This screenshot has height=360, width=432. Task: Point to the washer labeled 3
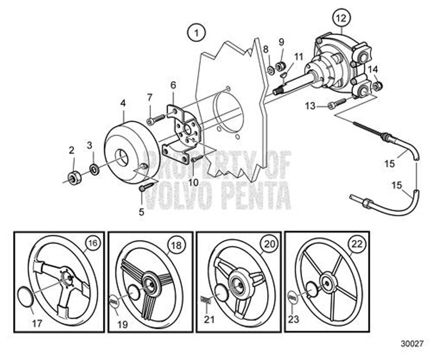pyautogui.click(x=93, y=169)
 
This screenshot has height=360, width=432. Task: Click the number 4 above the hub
pyautogui.click(x=123, y=104)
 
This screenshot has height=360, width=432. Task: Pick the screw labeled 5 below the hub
pyautogui.click(x=146, y=187)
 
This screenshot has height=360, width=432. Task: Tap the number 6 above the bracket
pyautogui.click(x=173, y=85)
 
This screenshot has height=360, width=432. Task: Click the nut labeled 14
pyautogui.click(x=377, y=85)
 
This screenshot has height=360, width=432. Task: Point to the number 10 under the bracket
pyautogui.click(x=194, y=182)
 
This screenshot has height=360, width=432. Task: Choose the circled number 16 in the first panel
pyautogui.click(x=92, y=244)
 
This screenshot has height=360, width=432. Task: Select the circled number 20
pyautogui.click(x=267, y=244)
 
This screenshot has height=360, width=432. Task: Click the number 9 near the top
pyautogui.click(x=281, y=43)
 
